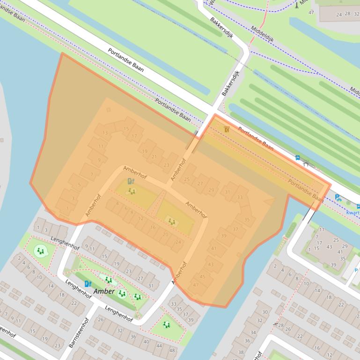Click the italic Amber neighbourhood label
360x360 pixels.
point(104,291)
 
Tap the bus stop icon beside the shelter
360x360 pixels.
point(298,158)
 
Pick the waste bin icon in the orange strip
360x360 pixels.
point(227,129)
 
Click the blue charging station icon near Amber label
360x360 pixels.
point(88,283)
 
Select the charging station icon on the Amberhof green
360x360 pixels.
point(131,181)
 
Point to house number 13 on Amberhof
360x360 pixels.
point(104,133)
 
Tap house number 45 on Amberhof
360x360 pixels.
point(202,277)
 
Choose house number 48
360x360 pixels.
point(172,351)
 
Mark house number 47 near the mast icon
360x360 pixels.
point(311,12)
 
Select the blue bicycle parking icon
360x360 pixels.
point(338,198)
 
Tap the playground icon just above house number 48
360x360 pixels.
point(166,324)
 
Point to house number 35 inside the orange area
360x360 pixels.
point(247,219)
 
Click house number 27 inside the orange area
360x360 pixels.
point(200,184)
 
